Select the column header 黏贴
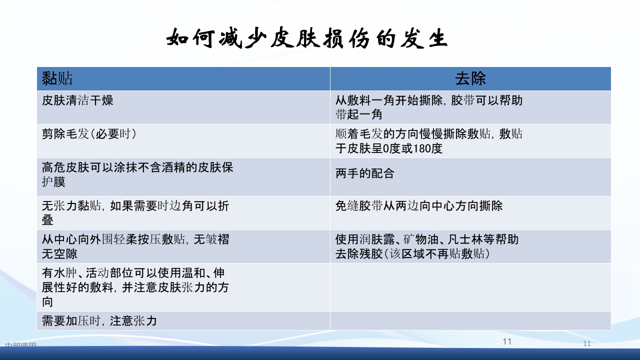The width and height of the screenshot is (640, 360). (x=57, y=78)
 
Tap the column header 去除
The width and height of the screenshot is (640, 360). (x=470, y=78)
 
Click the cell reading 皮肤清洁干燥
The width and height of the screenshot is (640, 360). (x=77, y=100)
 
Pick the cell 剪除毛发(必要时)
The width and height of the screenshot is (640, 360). (x=89, y=134)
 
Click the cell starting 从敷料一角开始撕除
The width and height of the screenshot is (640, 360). (x=428, y=107)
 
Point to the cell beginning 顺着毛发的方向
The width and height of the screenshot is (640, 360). (x=428, y=140)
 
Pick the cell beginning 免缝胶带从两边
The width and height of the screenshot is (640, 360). (x=418, y=206)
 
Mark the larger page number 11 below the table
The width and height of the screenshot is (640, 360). (x=507, y=341)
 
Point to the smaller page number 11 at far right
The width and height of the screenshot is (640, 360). (x=587, y=343)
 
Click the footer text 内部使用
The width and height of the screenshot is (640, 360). (x=20, y=345)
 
